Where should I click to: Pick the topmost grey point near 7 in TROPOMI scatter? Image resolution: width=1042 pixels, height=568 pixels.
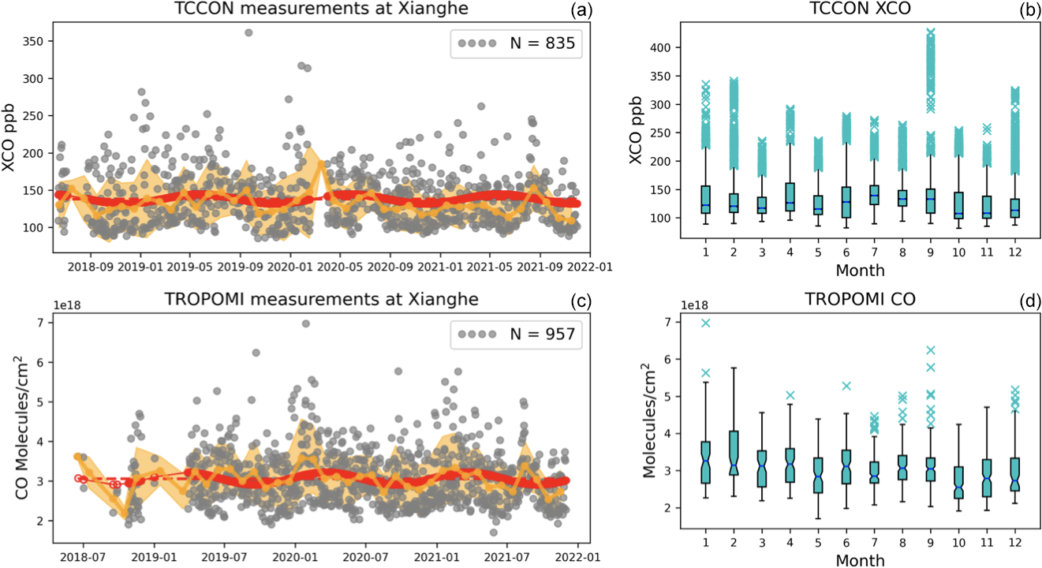click(306, 323)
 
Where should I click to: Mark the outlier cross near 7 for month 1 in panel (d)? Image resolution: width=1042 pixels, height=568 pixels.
click(704, 323)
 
